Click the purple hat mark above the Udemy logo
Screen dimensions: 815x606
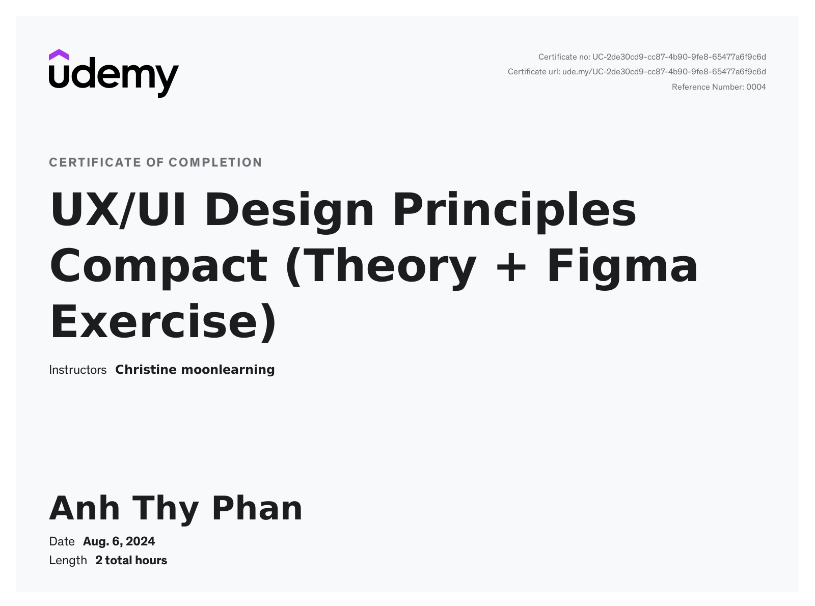click(59, 54)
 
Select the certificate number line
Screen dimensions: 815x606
click(652, 57)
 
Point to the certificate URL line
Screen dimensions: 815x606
click(637, 72)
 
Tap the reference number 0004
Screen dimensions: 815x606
click(756, 87)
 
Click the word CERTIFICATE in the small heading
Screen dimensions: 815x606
click(95, 162)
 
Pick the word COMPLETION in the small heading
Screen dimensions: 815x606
click(215, 162)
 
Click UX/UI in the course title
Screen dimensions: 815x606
click(118, 210)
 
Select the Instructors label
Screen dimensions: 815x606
click(77, 370)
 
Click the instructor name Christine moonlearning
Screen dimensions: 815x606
click(195, 370)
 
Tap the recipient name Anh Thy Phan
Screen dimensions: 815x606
click(176, 509)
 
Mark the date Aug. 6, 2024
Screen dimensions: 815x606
click(119, 542)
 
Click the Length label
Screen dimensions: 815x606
click(68, 561)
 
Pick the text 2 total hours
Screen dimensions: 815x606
click(131, 561)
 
